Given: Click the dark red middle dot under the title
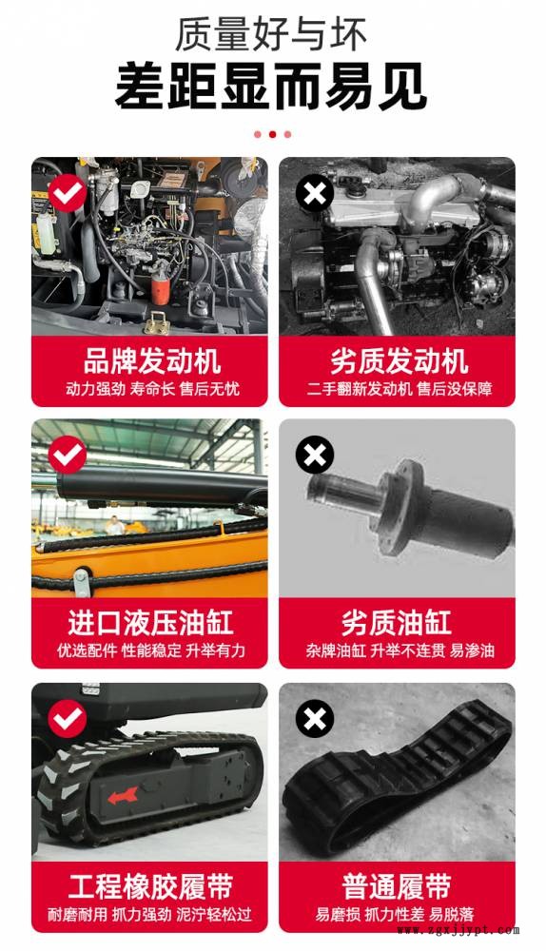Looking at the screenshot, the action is (272, 134).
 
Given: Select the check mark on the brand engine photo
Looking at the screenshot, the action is (68, 193).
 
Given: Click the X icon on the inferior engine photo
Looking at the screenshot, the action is (315, 193).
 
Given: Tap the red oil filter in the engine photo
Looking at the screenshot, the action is (160, 290).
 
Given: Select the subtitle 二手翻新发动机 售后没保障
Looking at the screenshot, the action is (400, 389).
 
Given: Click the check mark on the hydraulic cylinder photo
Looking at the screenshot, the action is (68, 455).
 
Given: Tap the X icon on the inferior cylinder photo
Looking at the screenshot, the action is (315, 455).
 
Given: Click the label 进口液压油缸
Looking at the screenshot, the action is (150, 623).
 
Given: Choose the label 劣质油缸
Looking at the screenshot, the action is (397, 623).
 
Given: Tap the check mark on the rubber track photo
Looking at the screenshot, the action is (68, 719).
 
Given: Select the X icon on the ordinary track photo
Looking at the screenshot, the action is (315, 719).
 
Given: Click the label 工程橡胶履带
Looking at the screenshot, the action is (150, 886).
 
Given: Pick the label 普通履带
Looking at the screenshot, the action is (397, 886).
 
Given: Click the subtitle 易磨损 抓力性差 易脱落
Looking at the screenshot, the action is (395, 914).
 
